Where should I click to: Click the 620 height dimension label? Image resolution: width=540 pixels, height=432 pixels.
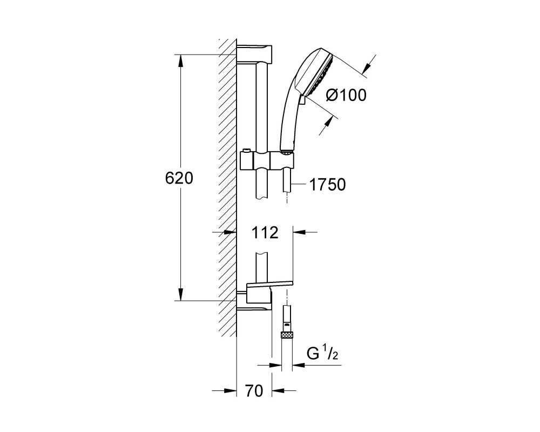[x=179, y=178]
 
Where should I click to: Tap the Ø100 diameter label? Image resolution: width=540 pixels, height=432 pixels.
[x=346, y=95]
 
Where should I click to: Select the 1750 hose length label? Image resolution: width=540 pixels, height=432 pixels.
[x=328, y=185]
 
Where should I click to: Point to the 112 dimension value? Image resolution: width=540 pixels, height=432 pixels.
[x=265, y=233]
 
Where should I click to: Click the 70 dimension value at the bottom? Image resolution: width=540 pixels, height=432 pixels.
[x=254, y=390]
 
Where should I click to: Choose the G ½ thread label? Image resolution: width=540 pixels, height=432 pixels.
[x=322, y=355]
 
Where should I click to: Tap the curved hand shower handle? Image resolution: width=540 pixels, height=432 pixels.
[x=290, y=117]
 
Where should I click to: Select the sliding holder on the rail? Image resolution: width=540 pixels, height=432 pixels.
[x=267, y=160]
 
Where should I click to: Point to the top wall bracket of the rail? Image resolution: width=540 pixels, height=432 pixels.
[x=255, y=54]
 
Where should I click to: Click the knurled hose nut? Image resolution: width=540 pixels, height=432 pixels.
[x=287, y=334]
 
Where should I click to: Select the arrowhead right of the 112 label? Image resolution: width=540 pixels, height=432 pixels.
[x=299, y=232]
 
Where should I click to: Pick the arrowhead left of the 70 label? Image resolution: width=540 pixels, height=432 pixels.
[x=231, y=390]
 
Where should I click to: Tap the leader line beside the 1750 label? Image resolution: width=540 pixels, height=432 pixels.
[x=298, y=185]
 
